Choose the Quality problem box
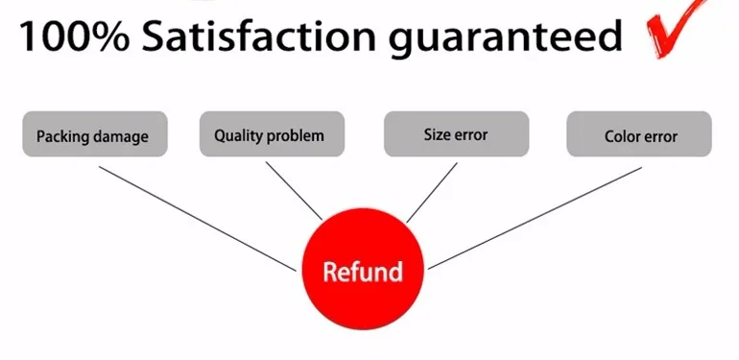point(269,134)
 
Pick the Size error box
point(455,134)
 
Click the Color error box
point(639,134)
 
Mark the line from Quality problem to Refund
point(294,189)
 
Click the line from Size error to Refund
point(432,192)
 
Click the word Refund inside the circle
point(362,272)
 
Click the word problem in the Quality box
point(297,136)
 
